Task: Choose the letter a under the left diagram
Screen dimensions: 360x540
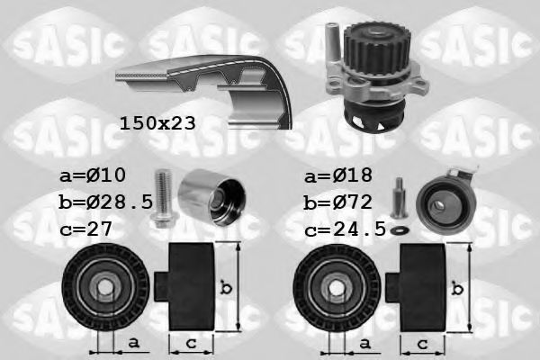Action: (133, 344)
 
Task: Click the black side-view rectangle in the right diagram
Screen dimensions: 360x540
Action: (421, 287)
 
